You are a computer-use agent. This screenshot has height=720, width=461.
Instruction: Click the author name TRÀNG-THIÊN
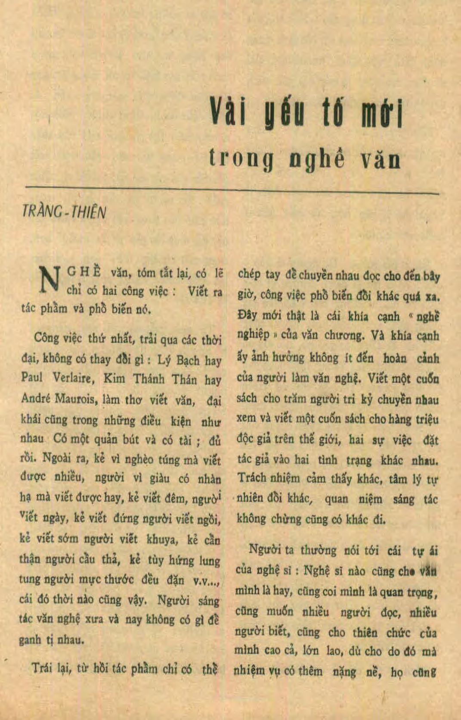64,212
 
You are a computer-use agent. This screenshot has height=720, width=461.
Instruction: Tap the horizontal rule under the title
232,190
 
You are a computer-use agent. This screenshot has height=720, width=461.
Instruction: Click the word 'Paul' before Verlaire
32,378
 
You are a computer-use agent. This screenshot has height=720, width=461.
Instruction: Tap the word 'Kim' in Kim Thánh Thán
114,379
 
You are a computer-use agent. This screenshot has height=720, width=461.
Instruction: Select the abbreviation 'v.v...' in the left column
206,581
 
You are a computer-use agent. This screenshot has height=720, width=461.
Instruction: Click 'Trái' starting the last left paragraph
42,668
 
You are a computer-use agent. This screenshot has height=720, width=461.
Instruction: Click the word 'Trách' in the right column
252,478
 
